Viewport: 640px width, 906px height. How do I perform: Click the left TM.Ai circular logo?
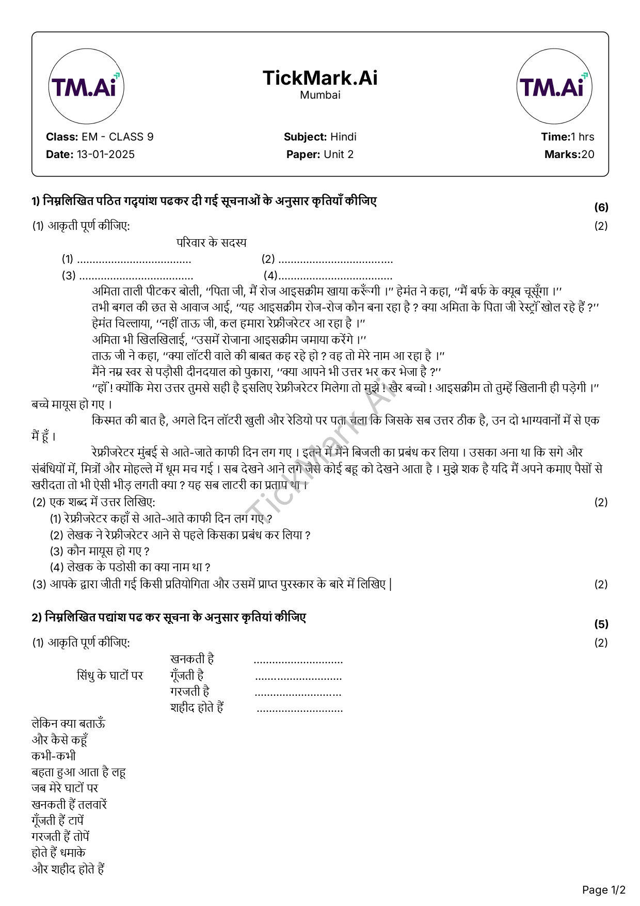[86, 87]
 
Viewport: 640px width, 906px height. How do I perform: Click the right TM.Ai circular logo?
[554, 87]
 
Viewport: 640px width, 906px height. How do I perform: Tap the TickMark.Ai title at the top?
[320, 78]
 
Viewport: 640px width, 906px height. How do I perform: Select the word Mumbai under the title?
[320, 95]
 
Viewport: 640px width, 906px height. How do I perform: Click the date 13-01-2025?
[106, 154]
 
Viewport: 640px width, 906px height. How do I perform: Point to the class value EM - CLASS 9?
[118, 137]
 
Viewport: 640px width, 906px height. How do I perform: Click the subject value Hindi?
[343, 137]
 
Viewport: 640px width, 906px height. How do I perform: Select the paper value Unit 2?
[339, 154]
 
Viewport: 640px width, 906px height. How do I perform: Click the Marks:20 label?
[569, 154]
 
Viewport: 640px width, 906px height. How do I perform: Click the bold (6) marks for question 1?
[601, 208]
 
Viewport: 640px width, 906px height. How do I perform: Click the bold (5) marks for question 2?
[601, 624]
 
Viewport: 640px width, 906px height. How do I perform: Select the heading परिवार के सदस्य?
[212, 243]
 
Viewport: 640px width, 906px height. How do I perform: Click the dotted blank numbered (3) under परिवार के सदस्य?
[136, 276]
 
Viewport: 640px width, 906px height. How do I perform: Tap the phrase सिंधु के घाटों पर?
[110, 676]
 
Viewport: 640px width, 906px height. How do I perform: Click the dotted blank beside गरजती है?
[298, 693]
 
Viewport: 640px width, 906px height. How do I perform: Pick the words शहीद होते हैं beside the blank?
[197, 708]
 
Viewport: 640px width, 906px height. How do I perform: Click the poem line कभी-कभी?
[54, 756]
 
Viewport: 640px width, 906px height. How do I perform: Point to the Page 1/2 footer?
[603, 890]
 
